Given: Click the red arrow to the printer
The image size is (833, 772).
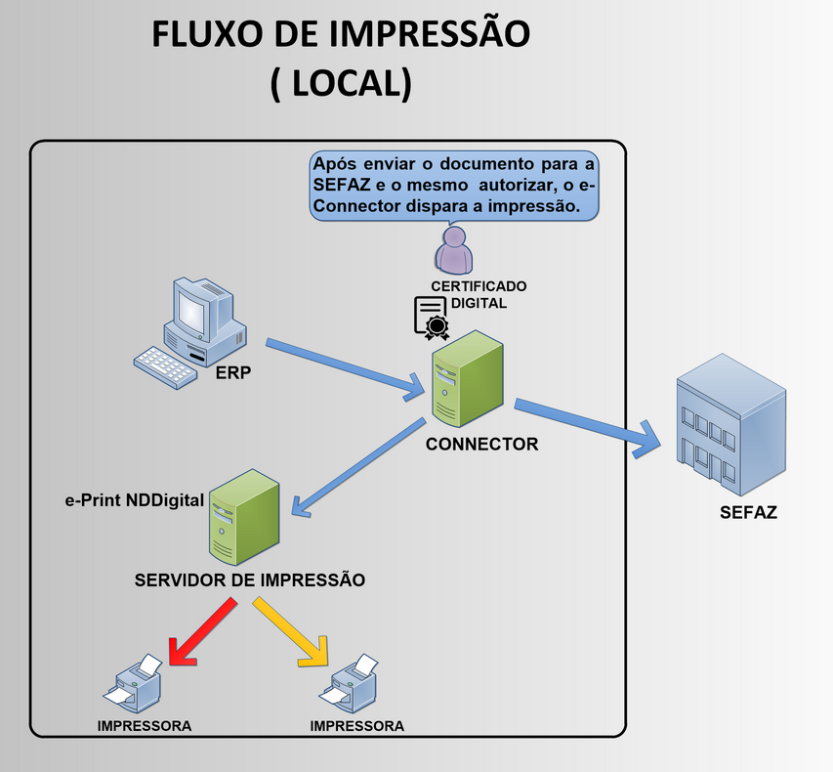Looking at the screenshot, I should pyautogui.click(x=202, y=632).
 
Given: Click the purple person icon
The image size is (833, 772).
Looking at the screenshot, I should pyautogui.click(x=453, y=251).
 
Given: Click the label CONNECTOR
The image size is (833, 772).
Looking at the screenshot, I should pyautogui.click(x=481, y=444).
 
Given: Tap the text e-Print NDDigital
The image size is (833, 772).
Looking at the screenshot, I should pyautogui.click(x=135, y=500).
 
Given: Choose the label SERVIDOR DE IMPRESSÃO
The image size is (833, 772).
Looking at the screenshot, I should pyautogui.click(x=249, y=579).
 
